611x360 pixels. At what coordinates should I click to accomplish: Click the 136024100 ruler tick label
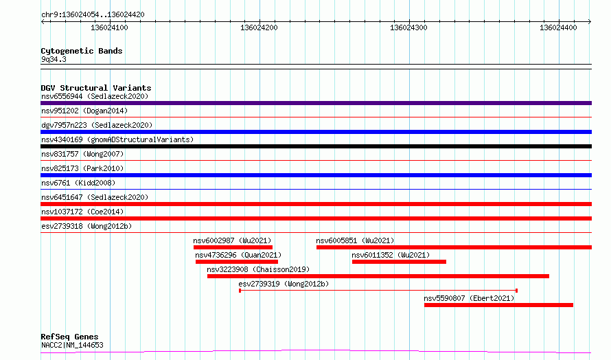109,27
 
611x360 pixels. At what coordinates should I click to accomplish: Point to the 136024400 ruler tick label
558,27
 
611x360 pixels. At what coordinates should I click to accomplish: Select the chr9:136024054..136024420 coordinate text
93,15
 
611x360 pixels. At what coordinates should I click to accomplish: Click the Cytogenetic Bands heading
82,51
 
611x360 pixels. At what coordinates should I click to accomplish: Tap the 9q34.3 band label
54,59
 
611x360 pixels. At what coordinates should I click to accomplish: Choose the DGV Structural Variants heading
96,88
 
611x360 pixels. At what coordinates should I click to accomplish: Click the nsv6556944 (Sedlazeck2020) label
95,96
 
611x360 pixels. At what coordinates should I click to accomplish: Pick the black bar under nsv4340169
316,146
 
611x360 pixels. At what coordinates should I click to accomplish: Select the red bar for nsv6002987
233,247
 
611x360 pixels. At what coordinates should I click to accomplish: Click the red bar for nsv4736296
237,262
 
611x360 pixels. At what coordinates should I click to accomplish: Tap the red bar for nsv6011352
399,262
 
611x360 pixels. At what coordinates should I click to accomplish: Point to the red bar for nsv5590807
499,305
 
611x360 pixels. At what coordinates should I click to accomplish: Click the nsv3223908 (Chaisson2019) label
258,269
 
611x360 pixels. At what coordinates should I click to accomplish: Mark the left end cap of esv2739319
240,291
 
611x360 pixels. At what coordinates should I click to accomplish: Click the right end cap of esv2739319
517,291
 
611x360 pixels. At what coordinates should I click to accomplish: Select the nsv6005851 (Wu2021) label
355,240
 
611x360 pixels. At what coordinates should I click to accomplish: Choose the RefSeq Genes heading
69,337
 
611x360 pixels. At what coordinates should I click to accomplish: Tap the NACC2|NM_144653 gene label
72,345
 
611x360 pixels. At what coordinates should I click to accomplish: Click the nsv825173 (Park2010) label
82,168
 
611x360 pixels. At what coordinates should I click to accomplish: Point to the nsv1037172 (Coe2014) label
82,212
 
